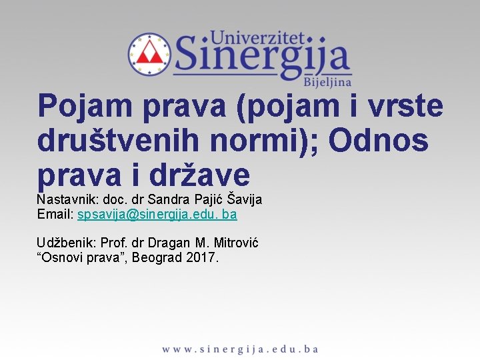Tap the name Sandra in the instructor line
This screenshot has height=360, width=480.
coord(166,199)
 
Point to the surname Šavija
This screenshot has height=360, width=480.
coord(245,199)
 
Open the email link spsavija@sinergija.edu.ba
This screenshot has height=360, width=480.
coord(157,215)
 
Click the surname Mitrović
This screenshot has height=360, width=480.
coord(233,243)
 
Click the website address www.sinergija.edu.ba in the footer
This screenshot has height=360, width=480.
coord(240,349)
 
